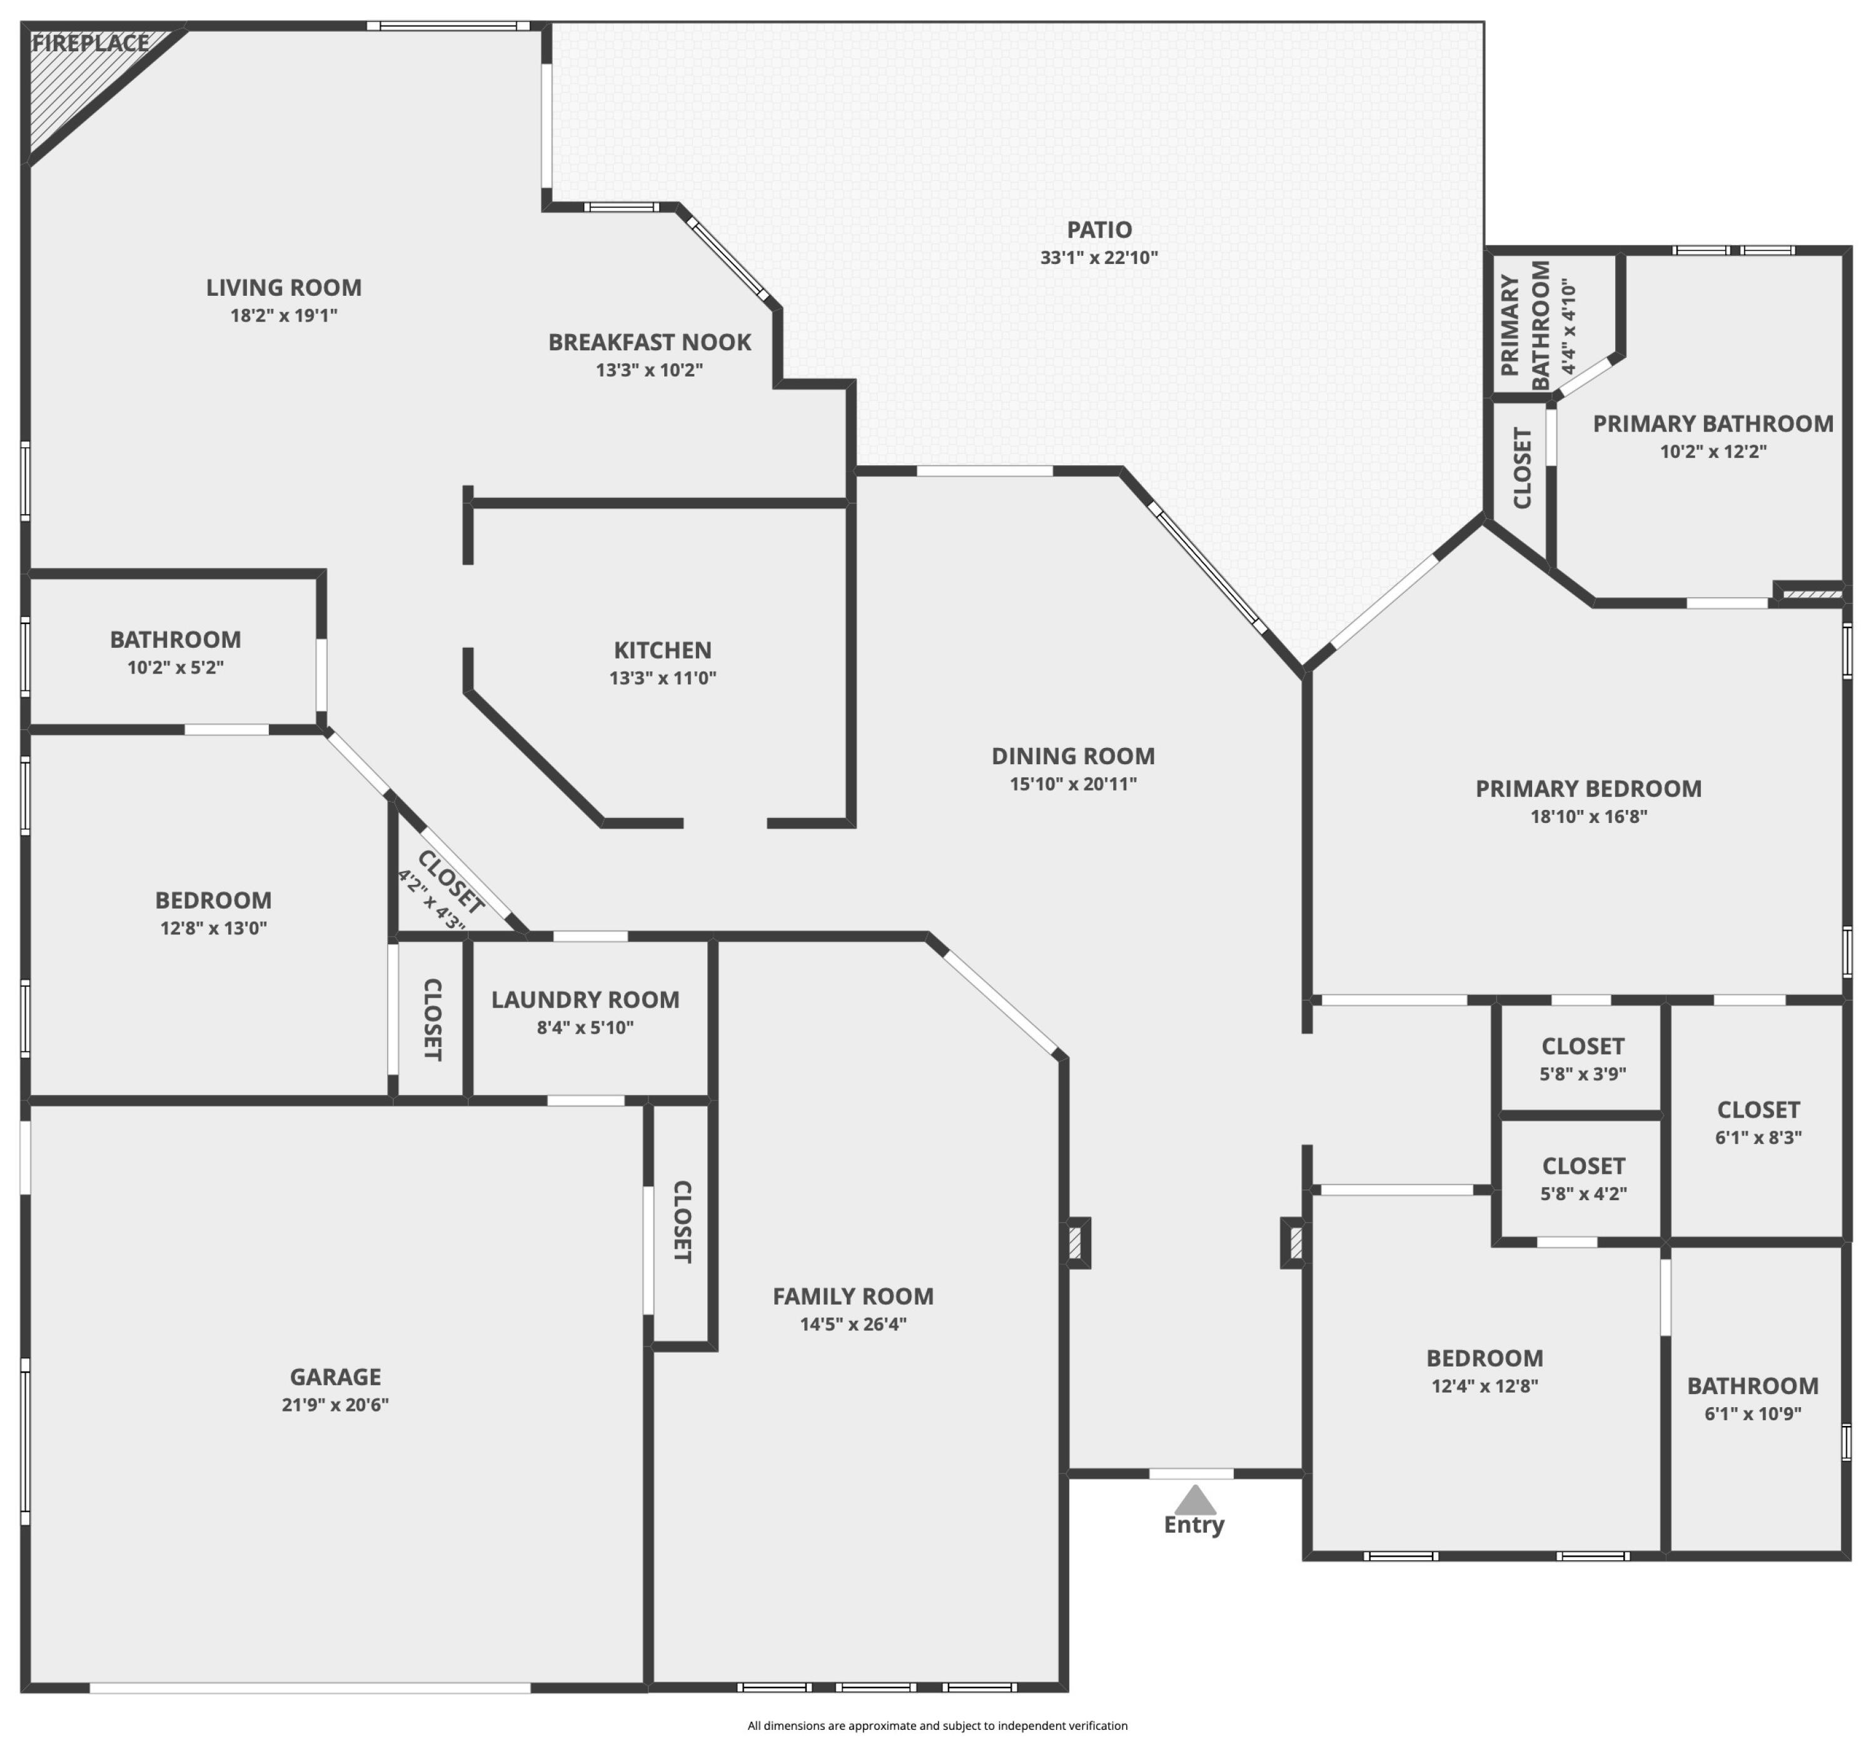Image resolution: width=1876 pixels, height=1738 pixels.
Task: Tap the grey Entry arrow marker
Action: pyautogui.click(x=1194, y=1500)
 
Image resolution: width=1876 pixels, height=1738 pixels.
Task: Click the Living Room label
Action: pyautogui.click(x=284, y=288)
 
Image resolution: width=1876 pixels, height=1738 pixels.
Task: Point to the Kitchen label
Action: pyautogui.click(x=663, y=650)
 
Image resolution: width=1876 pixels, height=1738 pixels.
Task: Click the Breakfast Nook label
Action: pyautogui.click(x=650, y=342)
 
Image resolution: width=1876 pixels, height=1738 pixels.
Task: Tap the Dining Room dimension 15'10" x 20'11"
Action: pyautogui.click(x=1073, y=784)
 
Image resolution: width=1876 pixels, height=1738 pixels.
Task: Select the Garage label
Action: pyautogui.click(x=336, y=1377)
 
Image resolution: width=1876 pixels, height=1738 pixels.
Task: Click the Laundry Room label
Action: pyautogui.click(x=585, y=1000)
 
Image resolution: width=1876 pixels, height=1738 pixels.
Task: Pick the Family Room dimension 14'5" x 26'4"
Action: pyautogui.click(x=853, y=1324)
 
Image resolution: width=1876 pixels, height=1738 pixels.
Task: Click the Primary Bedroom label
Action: pyautogui.click(x=1588, y=789)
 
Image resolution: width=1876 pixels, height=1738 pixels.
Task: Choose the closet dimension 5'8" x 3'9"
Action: pyautogui.click(x=1583, y=1074)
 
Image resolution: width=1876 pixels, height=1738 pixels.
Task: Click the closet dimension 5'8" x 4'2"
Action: pyautogui.click(x=1583, y=1193)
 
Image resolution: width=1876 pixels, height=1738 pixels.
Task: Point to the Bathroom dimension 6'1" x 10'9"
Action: pyautogui.click(x=1753, y=1413)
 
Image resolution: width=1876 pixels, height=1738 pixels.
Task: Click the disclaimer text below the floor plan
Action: pyautogui.click(x=937, y=1725)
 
